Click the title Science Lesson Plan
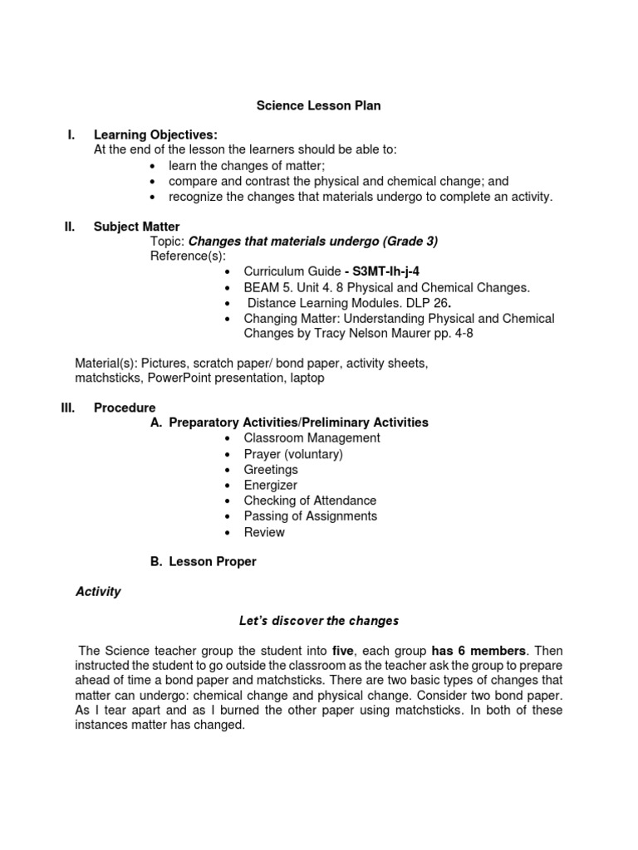(x=318, y=106)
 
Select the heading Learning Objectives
(x=155, y=134)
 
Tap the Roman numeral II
(x=71, y=227)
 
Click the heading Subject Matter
(x=136, y=227)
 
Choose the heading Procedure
(x=125, y=408)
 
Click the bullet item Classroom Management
(x=312, y=438)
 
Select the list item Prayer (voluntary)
(x=292, y=454)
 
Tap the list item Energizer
(x=270, y=485)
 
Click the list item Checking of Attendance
(x=310, y=501)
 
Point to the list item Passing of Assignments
(x=310, y=516)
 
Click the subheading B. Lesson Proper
(x=204, y=562)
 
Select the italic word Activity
(x=98, y=592)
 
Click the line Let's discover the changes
(x=318, y=621)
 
